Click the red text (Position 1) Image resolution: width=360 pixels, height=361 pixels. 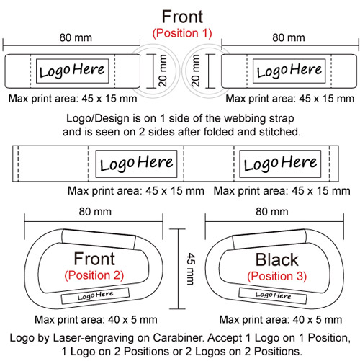click(x=182, y=33)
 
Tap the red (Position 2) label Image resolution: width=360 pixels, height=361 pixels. click(x=94, y=275)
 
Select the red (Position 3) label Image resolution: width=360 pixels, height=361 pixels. click(x=277, y=276)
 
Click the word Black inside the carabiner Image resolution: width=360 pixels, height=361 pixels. click(x=276, y=260)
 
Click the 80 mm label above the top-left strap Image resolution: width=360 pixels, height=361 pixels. click(x=76, y=37)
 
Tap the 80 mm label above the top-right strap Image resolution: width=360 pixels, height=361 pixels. click(x=289, y=37)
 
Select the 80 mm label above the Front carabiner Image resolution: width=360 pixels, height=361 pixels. click(x=95, y=212)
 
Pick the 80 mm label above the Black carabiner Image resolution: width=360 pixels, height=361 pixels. click(x=272, y=212)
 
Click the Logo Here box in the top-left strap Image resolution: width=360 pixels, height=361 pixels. click(x=72, y=71)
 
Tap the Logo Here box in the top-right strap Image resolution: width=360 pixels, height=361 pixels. click(x=289, y=71)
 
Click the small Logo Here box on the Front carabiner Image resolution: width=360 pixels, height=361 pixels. click(x=95, y=295)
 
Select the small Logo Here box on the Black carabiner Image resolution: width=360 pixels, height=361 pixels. click(x=273, y=295)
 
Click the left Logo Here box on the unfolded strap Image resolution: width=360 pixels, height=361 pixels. click(x=136, y=164)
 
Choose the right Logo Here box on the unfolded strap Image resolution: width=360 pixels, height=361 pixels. click(x=280, y=164)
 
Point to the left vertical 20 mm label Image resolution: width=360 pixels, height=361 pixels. click(x=163, y=71)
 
